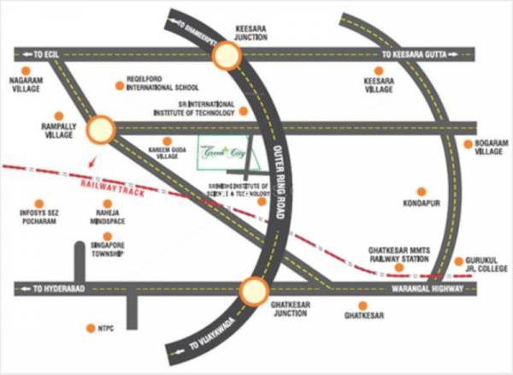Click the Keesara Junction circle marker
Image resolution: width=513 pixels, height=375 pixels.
coord(228,56)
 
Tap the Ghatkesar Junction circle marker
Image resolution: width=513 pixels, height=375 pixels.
coord(253,292)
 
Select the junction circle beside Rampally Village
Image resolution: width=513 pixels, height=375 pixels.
coord(100,128)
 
